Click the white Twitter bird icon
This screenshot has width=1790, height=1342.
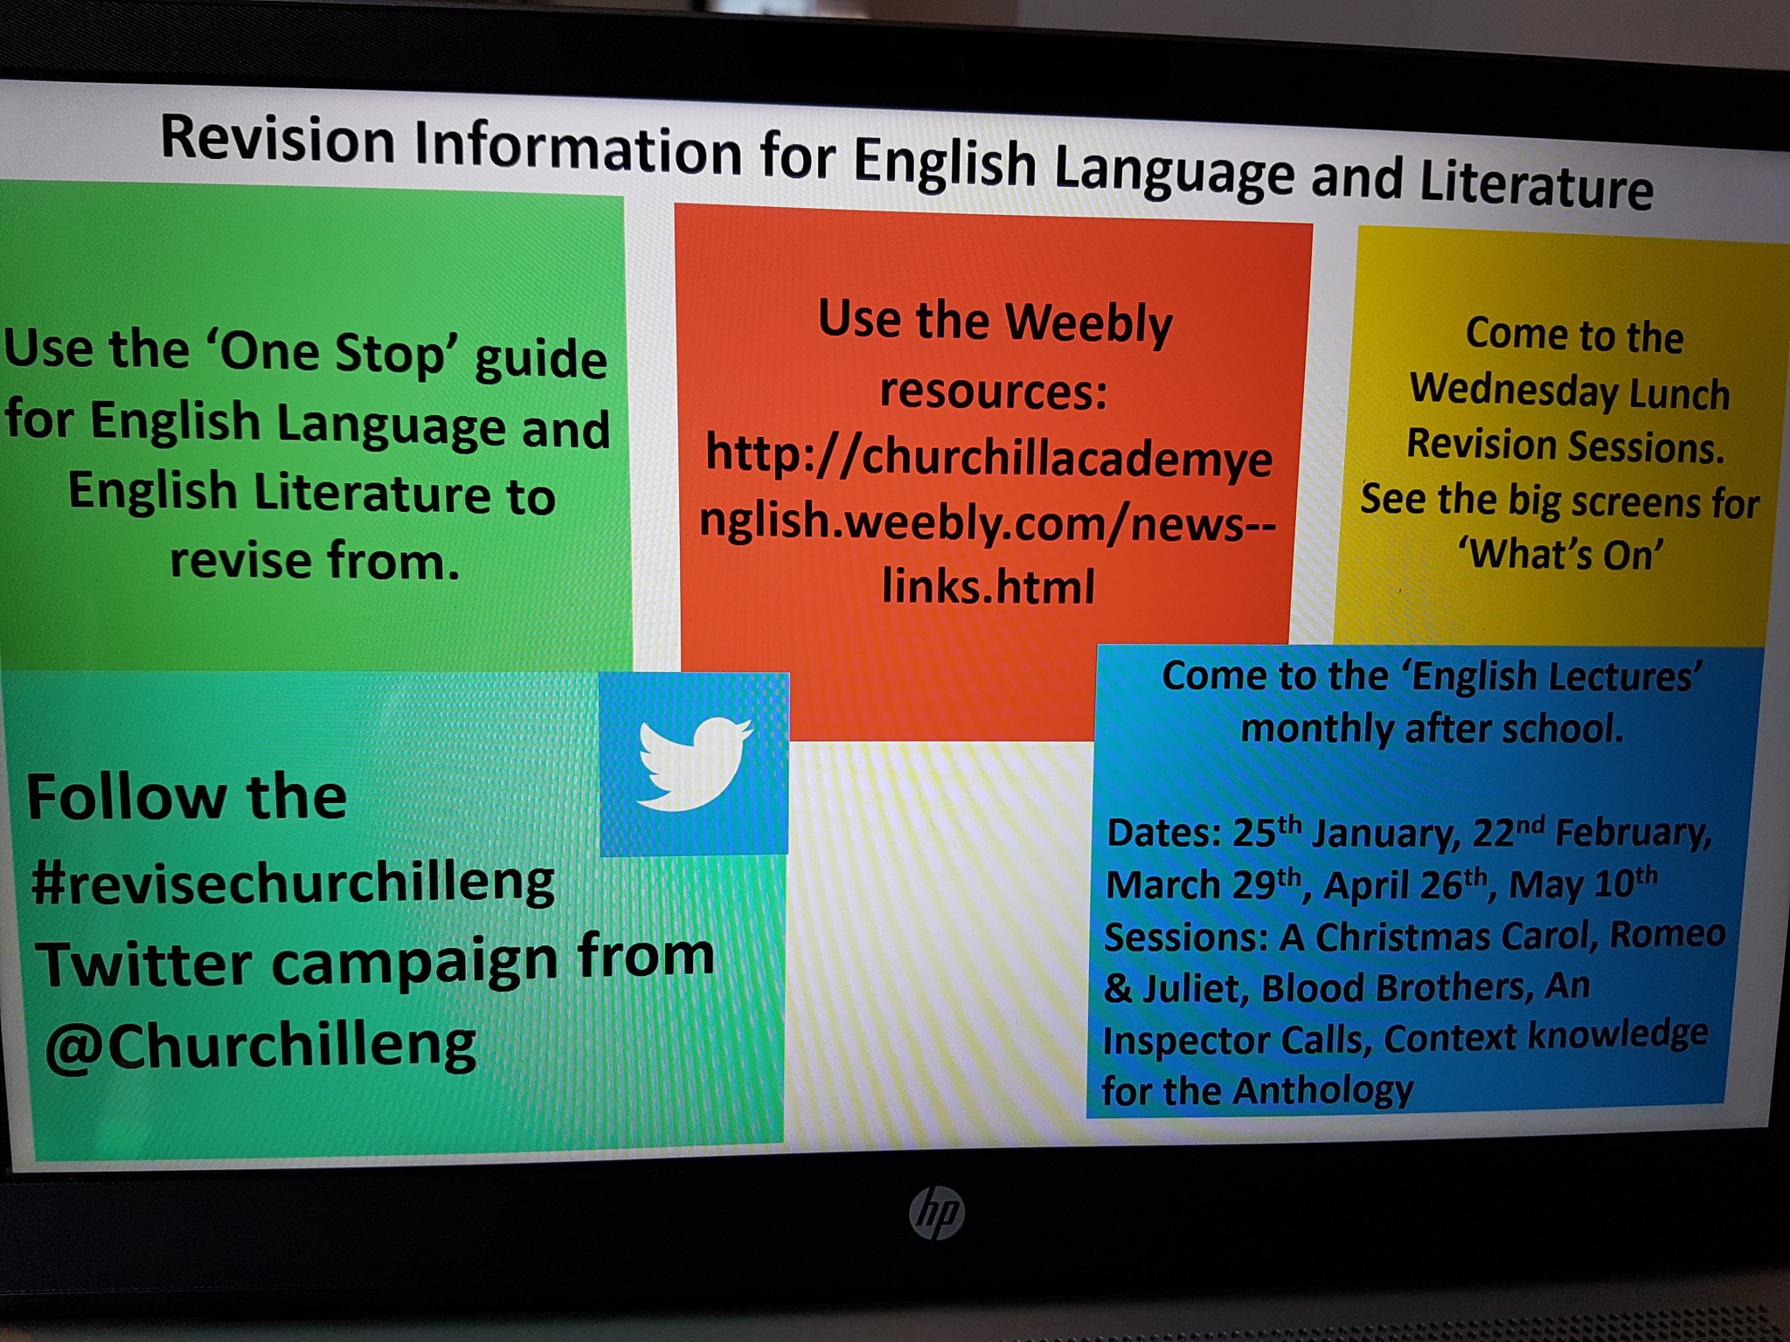point(693,764)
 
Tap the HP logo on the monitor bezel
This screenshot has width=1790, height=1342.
point(936,1213)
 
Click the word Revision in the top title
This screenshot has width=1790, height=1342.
point(278,140)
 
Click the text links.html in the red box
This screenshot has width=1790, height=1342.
point(988,586)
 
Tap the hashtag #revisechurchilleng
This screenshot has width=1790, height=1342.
point(293,882)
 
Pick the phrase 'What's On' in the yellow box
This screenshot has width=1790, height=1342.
point(1561,554)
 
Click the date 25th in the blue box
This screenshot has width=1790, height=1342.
point(1266,831)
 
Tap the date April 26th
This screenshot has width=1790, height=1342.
point(1405,885)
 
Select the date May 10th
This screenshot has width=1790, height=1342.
point(1583,883)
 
